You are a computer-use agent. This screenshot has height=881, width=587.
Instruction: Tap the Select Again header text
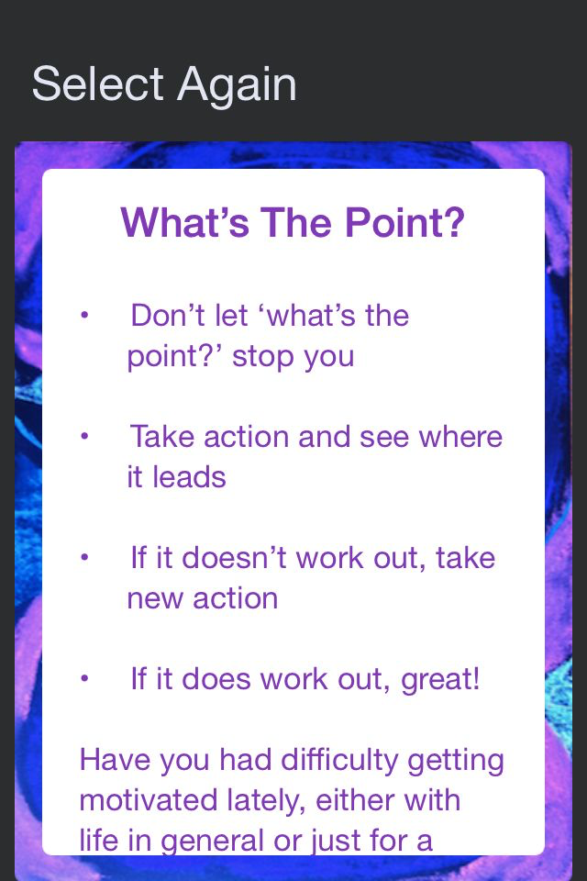click(x=164, y=84)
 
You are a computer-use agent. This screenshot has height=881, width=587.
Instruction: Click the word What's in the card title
click(x=184, y=222)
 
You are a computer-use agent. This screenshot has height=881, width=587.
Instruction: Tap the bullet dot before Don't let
click(x=84, y=315)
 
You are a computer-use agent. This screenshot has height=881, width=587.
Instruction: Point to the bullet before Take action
click(x=84, y=436)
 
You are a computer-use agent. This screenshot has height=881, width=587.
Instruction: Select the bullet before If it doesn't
click(x=84, y=557)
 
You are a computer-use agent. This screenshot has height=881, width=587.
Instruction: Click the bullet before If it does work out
click(x=84, y=678)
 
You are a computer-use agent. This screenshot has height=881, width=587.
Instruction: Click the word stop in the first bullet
click(x=263, y=356)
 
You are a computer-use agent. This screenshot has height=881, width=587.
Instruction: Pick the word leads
click(x=189, y=477)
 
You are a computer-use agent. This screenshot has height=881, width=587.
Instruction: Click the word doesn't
click(x=234, y=558)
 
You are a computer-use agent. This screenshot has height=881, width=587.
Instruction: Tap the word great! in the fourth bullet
click(x=440, y=679)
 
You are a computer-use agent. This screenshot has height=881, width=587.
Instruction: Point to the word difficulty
click(x=340, y=760)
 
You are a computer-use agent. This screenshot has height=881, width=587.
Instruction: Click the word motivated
click(x=149, y=800)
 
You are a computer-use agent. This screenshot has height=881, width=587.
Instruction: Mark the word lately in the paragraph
click(x=266, y=801)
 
